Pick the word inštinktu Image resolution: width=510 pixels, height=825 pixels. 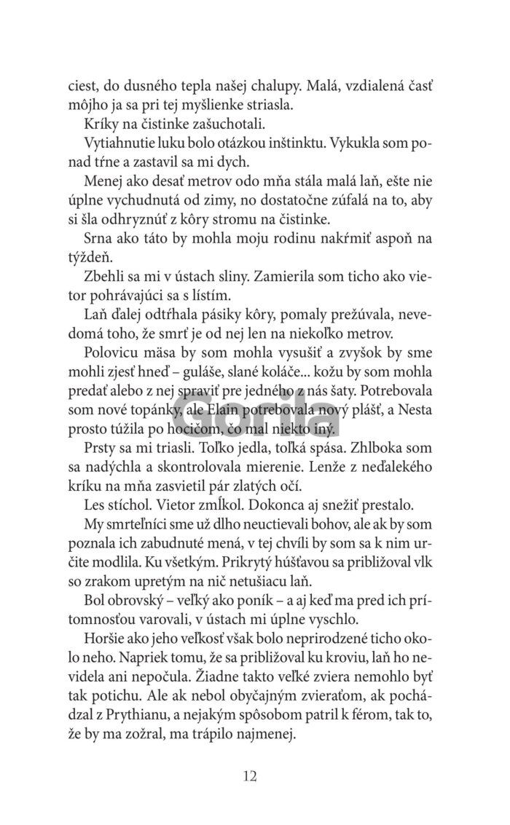point(282,144)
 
